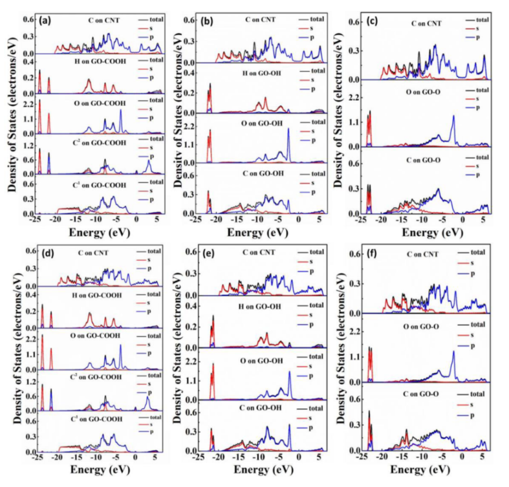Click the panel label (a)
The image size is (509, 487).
[x=45, y=21]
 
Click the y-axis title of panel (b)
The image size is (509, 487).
[x=175, y=116]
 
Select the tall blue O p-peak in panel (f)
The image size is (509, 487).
[x=453, y=353]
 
